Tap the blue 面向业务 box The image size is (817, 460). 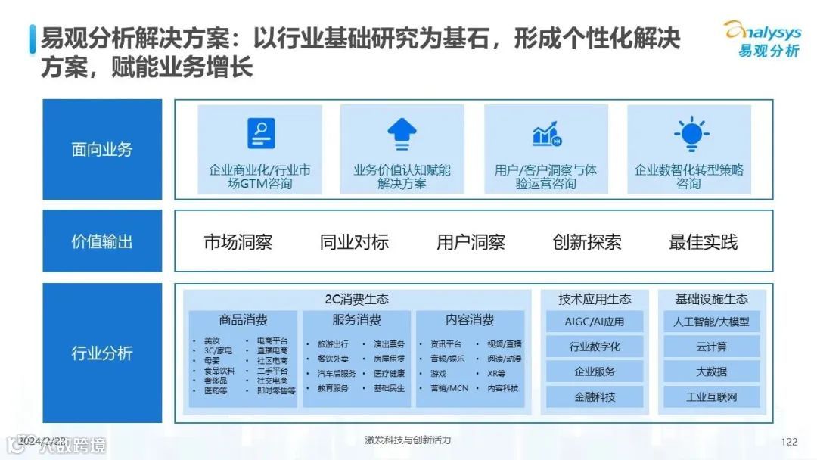[102, 149]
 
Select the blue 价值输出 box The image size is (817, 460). [102, 241]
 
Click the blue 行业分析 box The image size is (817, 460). [102, 353]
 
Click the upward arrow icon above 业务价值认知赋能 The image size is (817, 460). [402, 135]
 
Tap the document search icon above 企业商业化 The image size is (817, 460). [260, 135]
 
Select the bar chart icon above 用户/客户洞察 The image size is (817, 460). [545, 135]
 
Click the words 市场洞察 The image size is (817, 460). [238, 242]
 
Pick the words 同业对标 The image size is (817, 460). [354, 242]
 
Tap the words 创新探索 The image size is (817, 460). [587, 242]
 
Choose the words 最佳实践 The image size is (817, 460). [703, 242]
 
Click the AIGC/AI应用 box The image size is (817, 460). [595, 322]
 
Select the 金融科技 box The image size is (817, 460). [595, 396]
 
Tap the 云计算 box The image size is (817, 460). [711, 347]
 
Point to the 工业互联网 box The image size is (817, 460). [711, 396]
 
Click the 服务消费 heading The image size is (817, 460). [356, 320]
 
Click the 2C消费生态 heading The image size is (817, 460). [356, 300]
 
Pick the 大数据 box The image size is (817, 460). [711, 371]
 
